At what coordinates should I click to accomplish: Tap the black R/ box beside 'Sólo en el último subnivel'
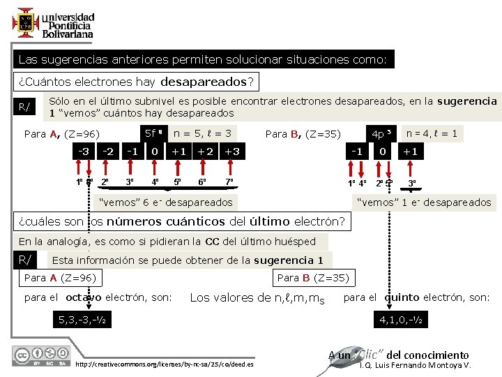pos(24,107)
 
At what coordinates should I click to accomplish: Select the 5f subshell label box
pos(153,133)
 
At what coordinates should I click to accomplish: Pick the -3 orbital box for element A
pos(83,151)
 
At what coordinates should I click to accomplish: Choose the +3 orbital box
pos(232,151)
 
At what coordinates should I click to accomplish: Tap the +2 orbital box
pos(205,151)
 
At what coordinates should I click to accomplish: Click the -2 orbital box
pos(108,151)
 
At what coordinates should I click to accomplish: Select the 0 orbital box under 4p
pos(383,151)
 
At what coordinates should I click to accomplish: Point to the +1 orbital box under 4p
pos(410,151)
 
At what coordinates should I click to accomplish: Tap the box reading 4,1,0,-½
pos(401,320)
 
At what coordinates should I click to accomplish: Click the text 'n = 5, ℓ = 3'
pos(202,133)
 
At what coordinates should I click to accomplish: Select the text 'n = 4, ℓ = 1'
pos(432,133)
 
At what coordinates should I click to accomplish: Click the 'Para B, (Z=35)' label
pos(303,133)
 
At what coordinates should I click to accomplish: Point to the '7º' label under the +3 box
pos(230,183)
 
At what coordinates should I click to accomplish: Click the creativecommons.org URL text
pos(165,365)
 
